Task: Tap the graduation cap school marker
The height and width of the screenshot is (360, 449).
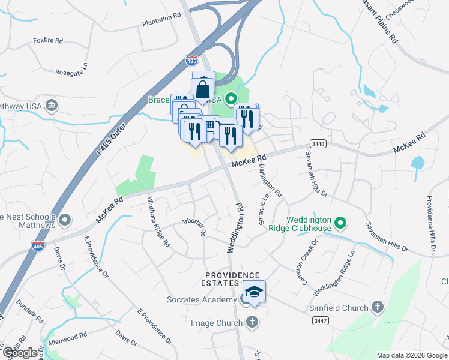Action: [x=254, y=292]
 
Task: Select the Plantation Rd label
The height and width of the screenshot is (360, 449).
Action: [x=161, y=22]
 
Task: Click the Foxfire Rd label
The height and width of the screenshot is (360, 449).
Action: [x=48, y=41]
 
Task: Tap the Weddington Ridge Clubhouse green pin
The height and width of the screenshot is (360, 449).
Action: [x=340, y=224]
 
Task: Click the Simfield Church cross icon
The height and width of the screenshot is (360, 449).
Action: [x=377, y=308]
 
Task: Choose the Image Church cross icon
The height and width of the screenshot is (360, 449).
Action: [x=252, y=323]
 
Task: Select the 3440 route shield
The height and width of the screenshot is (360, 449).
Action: [x=319, y=144]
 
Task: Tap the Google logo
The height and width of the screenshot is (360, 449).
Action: [x=20, y=352]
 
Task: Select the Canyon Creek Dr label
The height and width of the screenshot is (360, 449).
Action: [x=305, y=257]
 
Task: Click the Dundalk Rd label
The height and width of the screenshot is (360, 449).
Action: [x=30, y=310]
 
